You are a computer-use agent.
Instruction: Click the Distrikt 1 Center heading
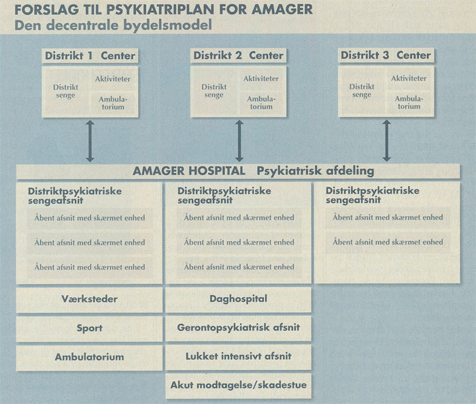point(90,55)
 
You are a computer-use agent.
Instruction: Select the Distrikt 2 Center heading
point(238,55)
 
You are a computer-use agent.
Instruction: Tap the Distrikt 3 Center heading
point(386,55)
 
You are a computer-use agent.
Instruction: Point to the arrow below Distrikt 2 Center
point(239,141)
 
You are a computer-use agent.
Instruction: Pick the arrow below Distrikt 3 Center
point(387,141)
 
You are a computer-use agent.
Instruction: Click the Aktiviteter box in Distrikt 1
point(113,79)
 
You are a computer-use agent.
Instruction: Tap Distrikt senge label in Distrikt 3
point(362,91)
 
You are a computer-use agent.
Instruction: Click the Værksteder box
point(88,299)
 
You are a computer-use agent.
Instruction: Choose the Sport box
point(89,328)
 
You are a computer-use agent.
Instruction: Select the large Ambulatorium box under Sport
point(89,357)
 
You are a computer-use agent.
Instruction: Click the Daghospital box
point(238,299)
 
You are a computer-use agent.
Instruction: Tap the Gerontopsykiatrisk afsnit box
point(238,328)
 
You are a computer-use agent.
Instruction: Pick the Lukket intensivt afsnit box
point(238,356)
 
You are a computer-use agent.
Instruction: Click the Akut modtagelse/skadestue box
point(238,386)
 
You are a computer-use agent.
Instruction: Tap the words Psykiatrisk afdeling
point(315,170)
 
